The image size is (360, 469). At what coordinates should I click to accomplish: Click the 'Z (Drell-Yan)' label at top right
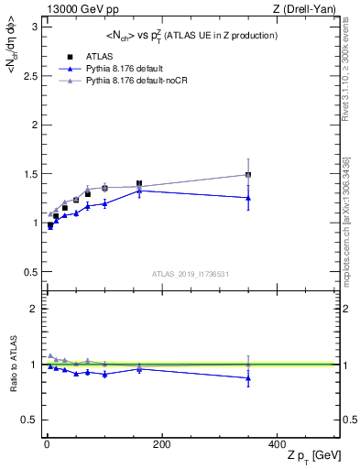pyautogui.click(x=309, y=9)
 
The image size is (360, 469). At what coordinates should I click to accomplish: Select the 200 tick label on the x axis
pyautogui.click(x=161, y=443)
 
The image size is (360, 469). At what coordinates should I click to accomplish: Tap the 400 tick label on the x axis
pyautogui.click(x=277, y=443)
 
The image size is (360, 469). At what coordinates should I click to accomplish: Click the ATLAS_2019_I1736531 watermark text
pyautogui.click(x=189, y=274)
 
